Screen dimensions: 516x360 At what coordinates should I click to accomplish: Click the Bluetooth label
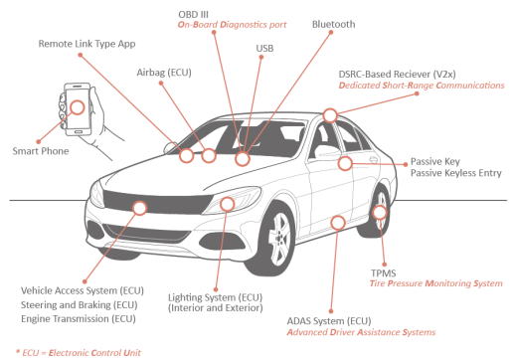click(x=333, y=24)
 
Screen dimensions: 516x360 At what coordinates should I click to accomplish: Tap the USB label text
click(x=264, y=49)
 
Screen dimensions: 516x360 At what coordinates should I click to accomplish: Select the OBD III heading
click(x=193, y=15)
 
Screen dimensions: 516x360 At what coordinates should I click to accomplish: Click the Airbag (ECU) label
click(x=164, y=73)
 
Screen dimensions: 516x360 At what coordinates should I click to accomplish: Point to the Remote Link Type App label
click(x=86, y=44)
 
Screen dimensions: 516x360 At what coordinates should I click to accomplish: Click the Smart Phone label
click(x=41, y=151)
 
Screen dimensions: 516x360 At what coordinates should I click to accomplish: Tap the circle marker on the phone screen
click(x=78, y=107)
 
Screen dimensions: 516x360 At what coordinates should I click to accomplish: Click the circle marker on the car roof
click(x=330, y=115)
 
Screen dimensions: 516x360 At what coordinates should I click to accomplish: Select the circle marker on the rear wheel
click(x=379, y=212)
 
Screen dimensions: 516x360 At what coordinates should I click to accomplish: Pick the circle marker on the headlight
click(x=228, y=204)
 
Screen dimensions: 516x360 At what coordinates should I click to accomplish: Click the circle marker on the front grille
click(x=139, y=208)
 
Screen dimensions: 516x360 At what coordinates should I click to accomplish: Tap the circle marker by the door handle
click(x=345, y=163)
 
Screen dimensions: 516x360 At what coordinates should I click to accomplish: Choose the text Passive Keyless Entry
click(x=456, y=173)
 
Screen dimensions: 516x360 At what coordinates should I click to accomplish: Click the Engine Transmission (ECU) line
click(x=79, y=319)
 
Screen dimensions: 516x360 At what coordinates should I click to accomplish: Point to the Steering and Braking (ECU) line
click(x=80, y=305)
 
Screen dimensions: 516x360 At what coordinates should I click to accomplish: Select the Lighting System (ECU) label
click(x=215, y=297)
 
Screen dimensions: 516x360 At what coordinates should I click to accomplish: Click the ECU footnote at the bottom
click(x=79, y=353)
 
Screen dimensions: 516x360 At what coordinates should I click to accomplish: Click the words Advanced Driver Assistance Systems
click(x=361, y=332)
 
